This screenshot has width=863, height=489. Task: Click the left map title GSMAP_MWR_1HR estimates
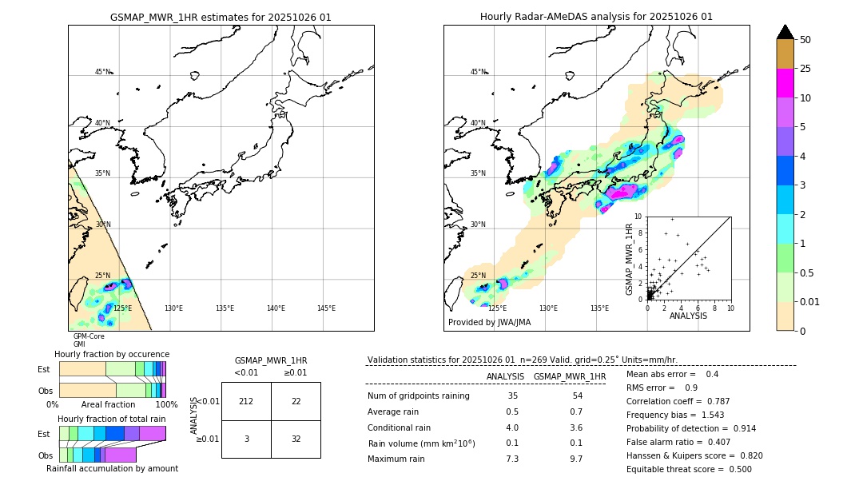click(x=221, y=17)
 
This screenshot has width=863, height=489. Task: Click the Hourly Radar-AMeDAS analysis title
click(x=596, y=17)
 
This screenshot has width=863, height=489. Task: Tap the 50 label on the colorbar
click(x=805, y=40)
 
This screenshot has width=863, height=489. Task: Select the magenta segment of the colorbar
click(x=785, y=83)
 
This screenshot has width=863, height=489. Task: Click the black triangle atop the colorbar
click(x=785, y=32)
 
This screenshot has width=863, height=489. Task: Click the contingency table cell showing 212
click(x=246, y=401)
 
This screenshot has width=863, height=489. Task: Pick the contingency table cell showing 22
click(x=296, y=401)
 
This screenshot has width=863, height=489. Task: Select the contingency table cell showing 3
click(x=246, y=439)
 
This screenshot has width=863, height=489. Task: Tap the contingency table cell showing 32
click(x=296, y=439)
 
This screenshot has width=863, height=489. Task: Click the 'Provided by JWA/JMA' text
click(x=489, y=322)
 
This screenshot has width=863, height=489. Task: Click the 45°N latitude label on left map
click(x=102, y=72)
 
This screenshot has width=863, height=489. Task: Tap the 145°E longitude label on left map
click(x=326, y=308)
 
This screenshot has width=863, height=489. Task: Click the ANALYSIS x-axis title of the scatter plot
click(x=688, y=316)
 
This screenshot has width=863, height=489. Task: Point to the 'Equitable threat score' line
click(x=689, y=469)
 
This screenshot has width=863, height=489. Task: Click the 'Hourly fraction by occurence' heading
click(x=112, y=354)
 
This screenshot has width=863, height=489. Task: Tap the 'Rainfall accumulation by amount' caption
click(x=118, y=468)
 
